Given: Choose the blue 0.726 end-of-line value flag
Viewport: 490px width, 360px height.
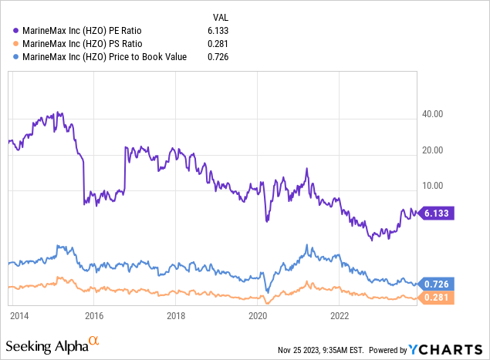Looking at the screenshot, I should coord(437,284).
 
